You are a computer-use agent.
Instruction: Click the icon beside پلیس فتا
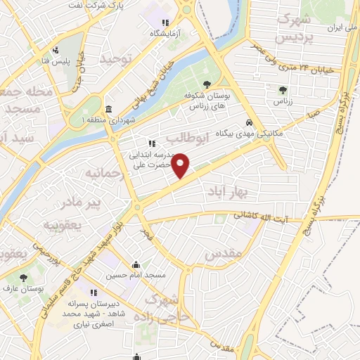[56, 50]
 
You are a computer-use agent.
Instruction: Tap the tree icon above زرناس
[283, 90]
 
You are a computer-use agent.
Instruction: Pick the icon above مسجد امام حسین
[136, 265]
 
